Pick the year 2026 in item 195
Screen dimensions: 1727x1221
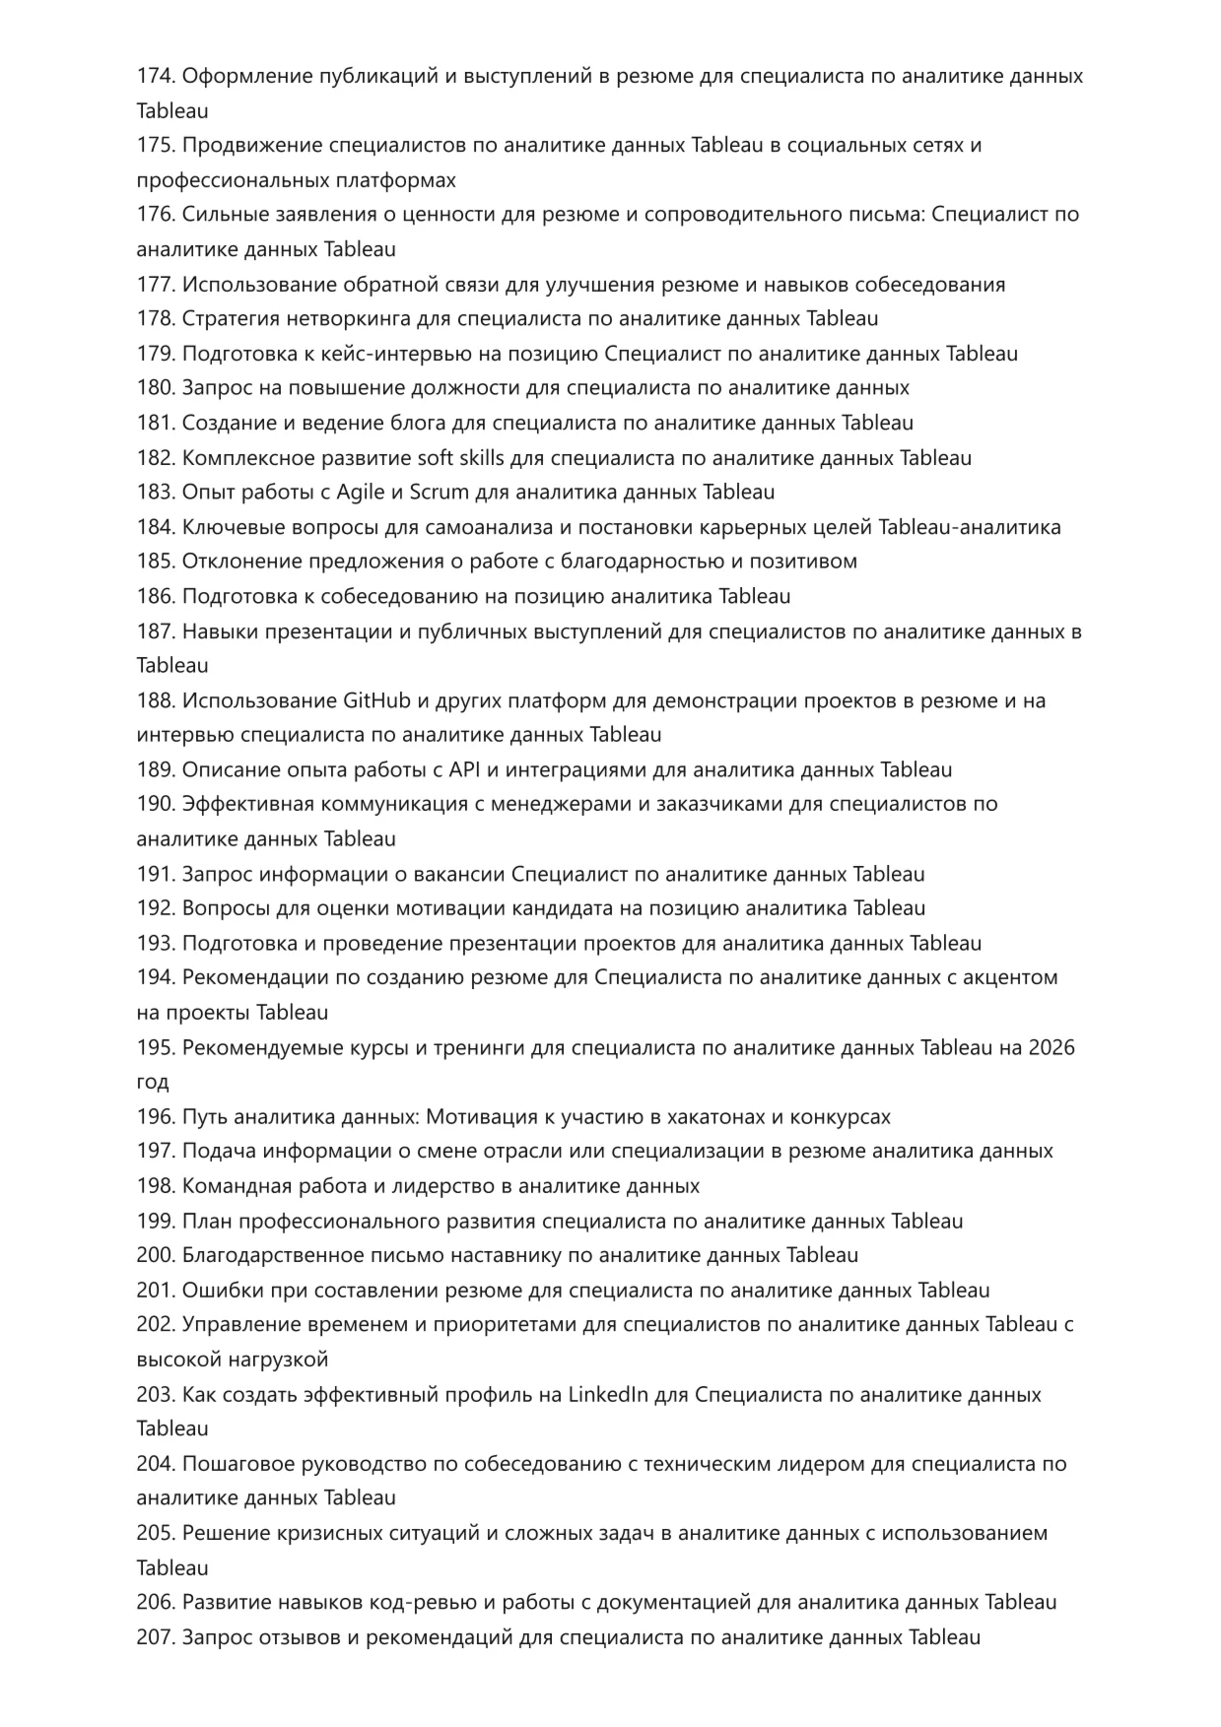coord(1051,1047)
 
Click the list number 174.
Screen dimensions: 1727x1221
coord(155,76)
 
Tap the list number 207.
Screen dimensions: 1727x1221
coord(155,1636)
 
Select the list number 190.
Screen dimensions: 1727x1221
coord(155,804)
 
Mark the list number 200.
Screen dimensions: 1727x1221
coord(155,1255)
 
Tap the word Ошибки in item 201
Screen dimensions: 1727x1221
coord(217,1290)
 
